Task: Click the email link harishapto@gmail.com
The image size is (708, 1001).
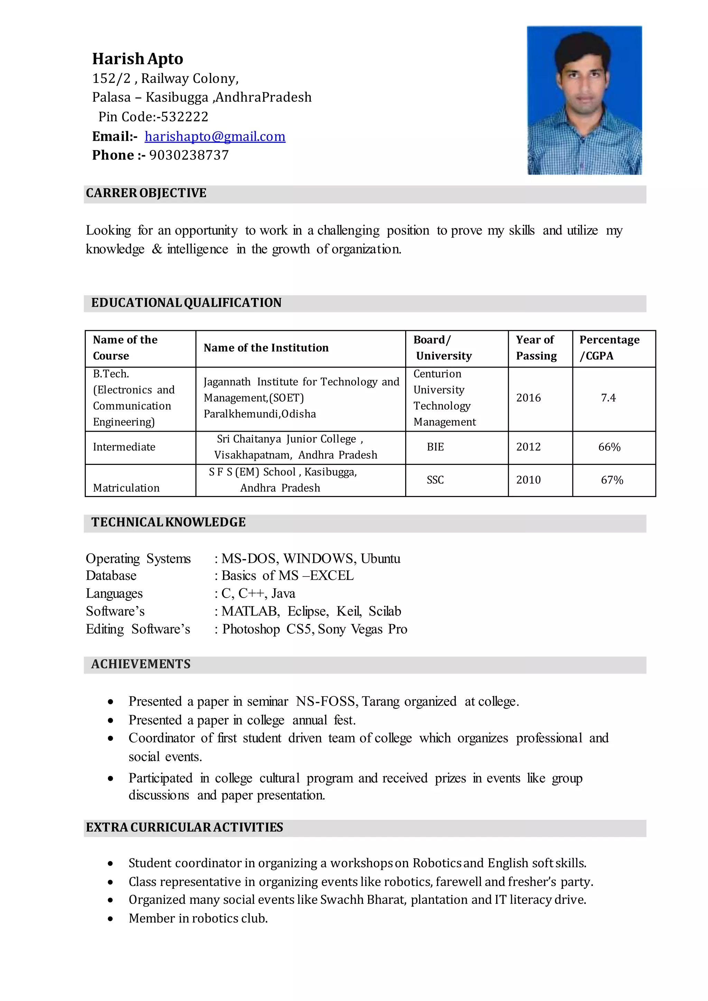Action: click(215, 137)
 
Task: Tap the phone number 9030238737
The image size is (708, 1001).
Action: click(189, 155)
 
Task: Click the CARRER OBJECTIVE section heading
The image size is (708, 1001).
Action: click(146, 193)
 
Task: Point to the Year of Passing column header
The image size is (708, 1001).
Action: click(536, 348)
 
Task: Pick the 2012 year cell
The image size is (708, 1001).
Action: click(528, 447)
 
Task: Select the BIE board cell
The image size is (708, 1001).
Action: click(435, 447)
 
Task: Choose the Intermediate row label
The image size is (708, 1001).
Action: click(124, 447)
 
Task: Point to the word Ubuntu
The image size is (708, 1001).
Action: click(380, 559)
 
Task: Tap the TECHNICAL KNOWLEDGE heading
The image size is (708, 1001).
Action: click(168, 522)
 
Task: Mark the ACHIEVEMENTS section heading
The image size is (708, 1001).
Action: click(141, 664)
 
